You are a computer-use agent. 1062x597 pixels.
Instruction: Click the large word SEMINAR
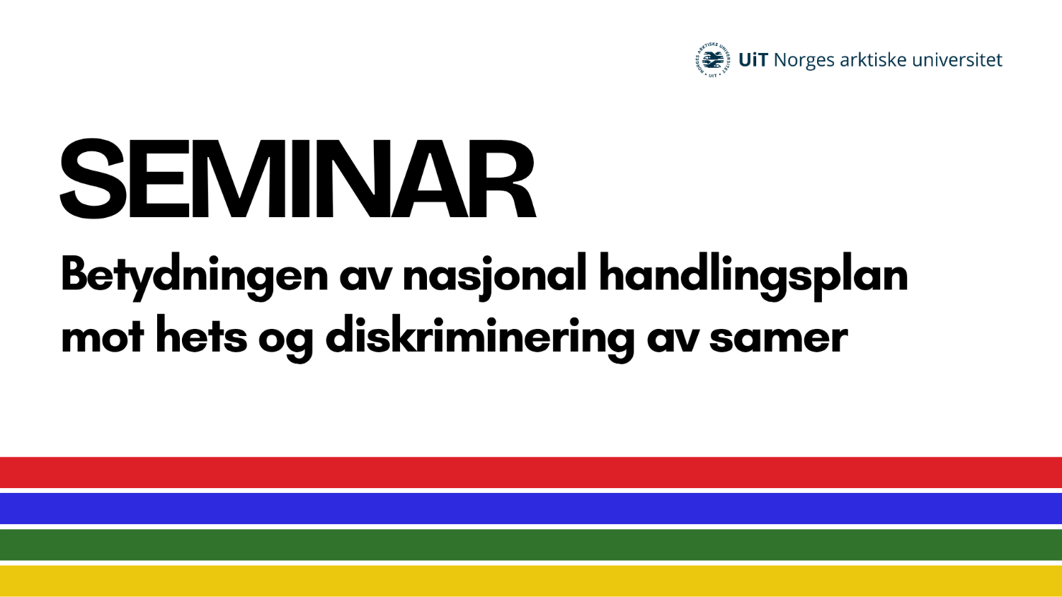coord(297,179)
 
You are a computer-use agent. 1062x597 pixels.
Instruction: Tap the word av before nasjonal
coord(365,276)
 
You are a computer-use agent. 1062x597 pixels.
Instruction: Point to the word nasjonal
coord(495,274)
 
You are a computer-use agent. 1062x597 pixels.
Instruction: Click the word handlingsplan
coord(753,274)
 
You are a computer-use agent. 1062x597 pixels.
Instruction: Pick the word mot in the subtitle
coord(102,337)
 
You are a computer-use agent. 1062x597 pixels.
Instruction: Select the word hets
coord(201,336)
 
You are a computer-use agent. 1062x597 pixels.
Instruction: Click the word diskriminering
coord(479,337)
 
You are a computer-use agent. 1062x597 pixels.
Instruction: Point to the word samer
coord(778,338)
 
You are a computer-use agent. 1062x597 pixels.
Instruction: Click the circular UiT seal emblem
coord(712,60)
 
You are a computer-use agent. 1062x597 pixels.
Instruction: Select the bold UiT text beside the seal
coord(753,60)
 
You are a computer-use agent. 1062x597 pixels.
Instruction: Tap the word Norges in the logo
coord(804,61)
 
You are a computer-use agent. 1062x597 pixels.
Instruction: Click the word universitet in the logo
coord(957,60)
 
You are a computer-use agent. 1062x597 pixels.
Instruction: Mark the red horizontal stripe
coord(531,473)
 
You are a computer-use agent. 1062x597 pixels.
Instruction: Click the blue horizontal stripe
coord(531,509)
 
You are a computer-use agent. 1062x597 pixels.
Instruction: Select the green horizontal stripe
coord(531,545)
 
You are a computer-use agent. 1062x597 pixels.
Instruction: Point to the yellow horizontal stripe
coord(531,581)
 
